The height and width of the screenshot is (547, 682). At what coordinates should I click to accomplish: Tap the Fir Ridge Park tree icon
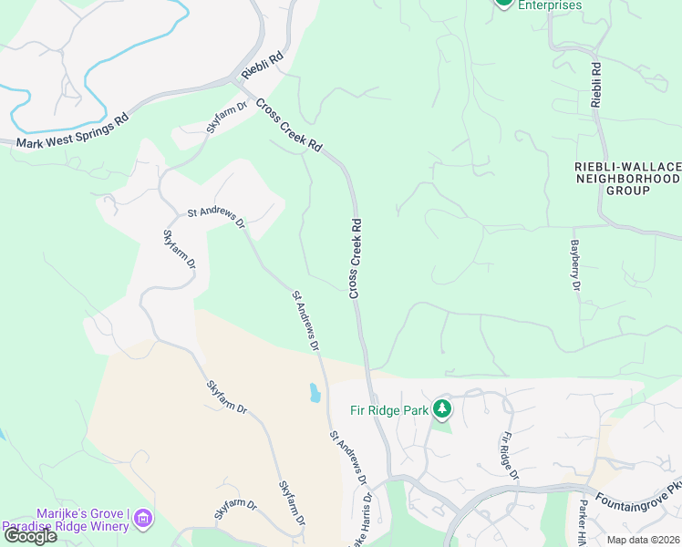(x=443, y=408)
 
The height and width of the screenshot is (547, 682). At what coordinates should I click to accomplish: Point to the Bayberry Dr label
(x=575, y=265)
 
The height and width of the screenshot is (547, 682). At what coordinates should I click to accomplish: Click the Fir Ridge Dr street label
(x=509, y=457)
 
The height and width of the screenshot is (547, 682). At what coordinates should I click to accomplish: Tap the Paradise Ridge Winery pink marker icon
(x=142, y=520)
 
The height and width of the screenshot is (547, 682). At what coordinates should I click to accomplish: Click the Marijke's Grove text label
(x=78, y=513)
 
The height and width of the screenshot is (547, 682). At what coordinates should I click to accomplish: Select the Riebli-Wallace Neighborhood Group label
(x=627, y=179)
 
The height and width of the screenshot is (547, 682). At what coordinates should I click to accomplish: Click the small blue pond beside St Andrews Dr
(x=315, y=393)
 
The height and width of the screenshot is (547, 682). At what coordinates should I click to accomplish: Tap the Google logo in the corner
(x=29, y=536)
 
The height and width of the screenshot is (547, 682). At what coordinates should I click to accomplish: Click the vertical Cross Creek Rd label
(x=356, y=258)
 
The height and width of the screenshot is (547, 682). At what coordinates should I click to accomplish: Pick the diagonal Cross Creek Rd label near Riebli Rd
(x=289, y=125)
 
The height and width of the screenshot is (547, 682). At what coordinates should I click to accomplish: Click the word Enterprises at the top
(x=550, y=5)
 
